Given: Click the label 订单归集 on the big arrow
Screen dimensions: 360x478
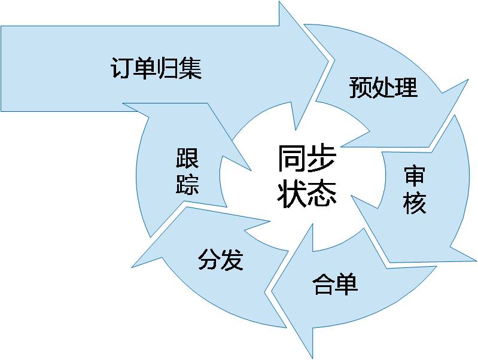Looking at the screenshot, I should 156,68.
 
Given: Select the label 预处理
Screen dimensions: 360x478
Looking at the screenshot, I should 383,87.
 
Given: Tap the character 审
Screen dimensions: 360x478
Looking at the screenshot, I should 414,177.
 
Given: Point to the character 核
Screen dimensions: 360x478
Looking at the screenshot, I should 414,204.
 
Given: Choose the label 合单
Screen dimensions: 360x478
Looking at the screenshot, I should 335,284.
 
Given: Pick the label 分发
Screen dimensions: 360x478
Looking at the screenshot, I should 220,260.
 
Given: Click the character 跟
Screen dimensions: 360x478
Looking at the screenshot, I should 187,158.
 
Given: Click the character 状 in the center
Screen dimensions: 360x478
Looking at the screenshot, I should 292,193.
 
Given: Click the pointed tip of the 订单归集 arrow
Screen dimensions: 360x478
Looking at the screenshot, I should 328,59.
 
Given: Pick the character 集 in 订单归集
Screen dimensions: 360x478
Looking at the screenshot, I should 190,68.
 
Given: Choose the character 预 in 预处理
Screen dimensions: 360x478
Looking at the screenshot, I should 361,87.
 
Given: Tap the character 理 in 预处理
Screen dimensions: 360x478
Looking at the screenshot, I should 406,87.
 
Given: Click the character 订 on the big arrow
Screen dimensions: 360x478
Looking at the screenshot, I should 122,68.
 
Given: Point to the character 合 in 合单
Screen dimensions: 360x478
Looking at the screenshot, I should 324,284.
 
